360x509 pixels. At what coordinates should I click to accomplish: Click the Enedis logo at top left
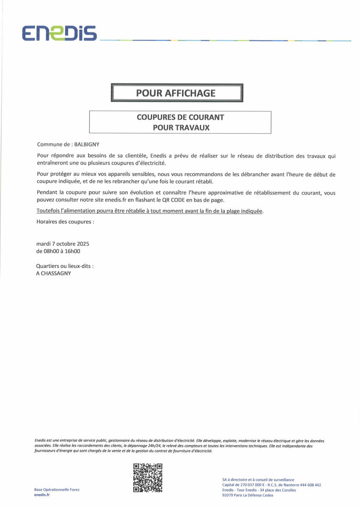click(60, 33)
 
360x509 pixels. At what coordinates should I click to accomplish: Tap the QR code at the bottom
click(148, 478)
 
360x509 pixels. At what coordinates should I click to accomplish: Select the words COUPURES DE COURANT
click(180, 117)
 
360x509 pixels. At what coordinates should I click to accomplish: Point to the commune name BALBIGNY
click(87, 144)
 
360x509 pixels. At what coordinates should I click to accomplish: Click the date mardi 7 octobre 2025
click(63, 244)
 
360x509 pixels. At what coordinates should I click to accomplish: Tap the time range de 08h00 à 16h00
click(59, 251)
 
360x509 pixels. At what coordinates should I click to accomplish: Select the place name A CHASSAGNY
click(54, 274)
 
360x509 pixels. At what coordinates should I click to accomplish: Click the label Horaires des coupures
click(65, 221)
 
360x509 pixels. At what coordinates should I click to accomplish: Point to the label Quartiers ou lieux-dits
click(65, 266)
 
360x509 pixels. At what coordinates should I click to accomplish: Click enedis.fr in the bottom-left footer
click(42, 495)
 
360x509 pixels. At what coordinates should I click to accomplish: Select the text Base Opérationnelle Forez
click(57, 489)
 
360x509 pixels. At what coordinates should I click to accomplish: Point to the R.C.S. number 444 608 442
click(306, 485)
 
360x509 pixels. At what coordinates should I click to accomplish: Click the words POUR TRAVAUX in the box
click(181, 127)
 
